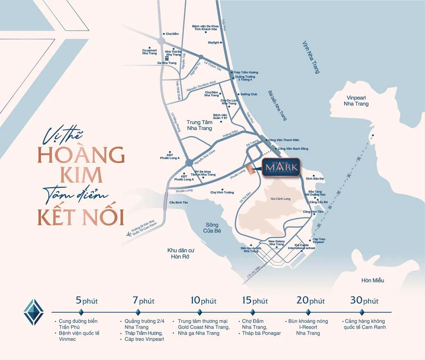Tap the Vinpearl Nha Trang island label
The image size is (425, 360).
coord(356,101)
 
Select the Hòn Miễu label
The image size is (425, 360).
coord(373,280)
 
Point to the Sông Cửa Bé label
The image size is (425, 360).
coord(212,227)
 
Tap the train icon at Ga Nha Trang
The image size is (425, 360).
coord(166,58)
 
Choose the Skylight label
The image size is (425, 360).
coord(214,43)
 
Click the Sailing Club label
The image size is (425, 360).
coord(249,94)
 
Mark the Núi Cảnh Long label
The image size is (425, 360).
coord(280,199)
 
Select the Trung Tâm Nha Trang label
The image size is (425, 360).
coord(199,125)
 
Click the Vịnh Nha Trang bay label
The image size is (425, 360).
coord(311,57)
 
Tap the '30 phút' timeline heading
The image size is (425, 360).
coord(364,300)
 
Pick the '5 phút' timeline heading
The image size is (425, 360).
coord(86,300)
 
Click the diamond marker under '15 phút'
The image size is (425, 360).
coord(253,312)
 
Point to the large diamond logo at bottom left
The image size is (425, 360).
coord(33,312)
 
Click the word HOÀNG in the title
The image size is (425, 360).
coord(81,154)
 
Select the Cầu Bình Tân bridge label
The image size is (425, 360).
coord(178,202)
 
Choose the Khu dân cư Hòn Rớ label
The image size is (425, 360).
coord(181,253)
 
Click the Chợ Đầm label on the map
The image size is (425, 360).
coord(172,34)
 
